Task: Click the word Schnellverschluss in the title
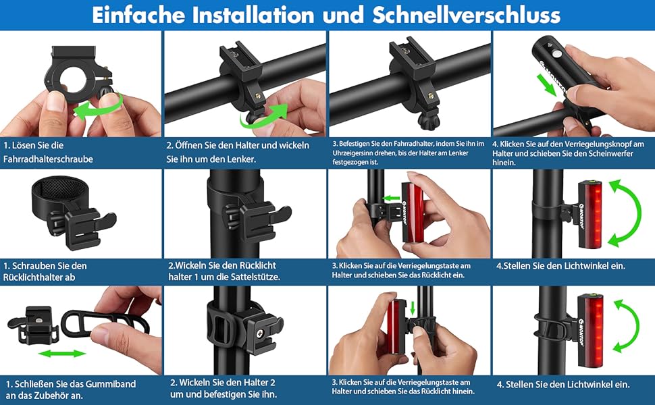click(466, 15)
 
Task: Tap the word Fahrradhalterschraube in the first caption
click(48, 159)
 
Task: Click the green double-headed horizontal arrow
click(62, 354)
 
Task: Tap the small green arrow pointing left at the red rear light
click(392, 198)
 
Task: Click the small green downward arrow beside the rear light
click(413, 308)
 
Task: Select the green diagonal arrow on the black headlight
click(547, 85)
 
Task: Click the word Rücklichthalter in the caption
click(39, 277)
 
